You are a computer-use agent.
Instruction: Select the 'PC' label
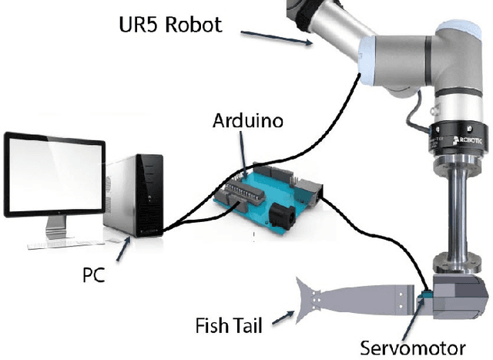click(94, 272)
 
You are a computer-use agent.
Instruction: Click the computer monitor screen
click(55, 173)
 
